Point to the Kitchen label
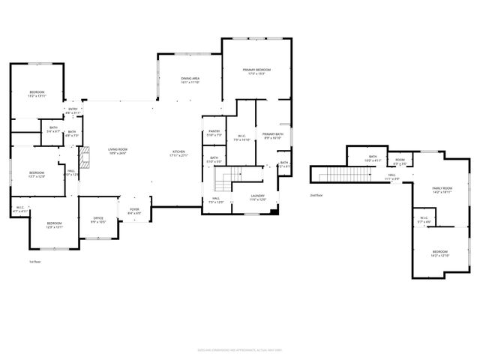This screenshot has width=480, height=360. click(x=178, y=153)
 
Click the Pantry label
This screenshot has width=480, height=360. click(x=214, y=133)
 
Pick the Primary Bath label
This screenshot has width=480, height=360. click(x=271, y=136)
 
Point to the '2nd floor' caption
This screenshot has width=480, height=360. click(x=316, y=195)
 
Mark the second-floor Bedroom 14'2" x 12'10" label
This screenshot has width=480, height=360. click(x=439, y=253)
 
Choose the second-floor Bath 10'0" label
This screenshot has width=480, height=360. click(x=373, y=159)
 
